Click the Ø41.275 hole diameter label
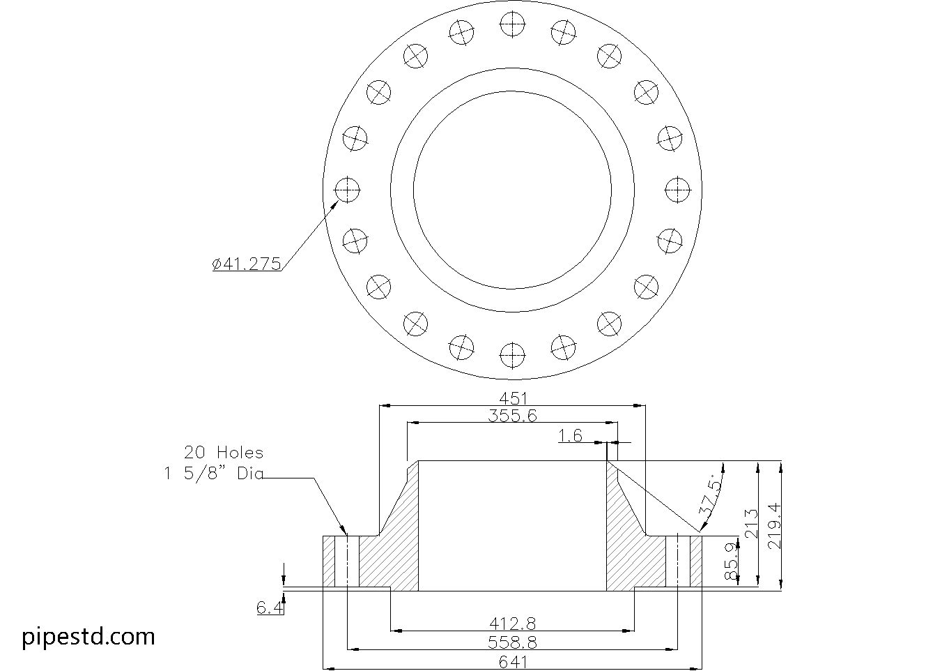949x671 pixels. [247, 264]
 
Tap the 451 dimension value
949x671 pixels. [513, 399]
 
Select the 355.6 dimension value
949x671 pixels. [512, 416]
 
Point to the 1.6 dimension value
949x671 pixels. [570, 436]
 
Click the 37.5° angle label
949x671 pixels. [710, 498]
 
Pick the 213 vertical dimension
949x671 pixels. [750, 524]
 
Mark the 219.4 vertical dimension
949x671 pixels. [774, 526]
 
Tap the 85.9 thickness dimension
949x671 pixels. [731, 563]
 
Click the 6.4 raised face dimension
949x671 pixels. [270, 608]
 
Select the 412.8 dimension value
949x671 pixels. [513, 624]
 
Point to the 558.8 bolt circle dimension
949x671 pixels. [512, 642]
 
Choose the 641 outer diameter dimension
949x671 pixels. [513, 662]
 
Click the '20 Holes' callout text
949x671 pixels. [224, 453]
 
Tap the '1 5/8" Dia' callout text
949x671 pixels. [214, 474]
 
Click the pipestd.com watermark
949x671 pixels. [88, 637]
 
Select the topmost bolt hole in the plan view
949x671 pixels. [513, 24]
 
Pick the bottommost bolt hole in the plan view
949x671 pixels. [513, 355]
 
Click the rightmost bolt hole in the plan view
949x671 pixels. [678, 190]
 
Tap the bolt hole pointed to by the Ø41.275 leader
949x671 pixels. [348, 190]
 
